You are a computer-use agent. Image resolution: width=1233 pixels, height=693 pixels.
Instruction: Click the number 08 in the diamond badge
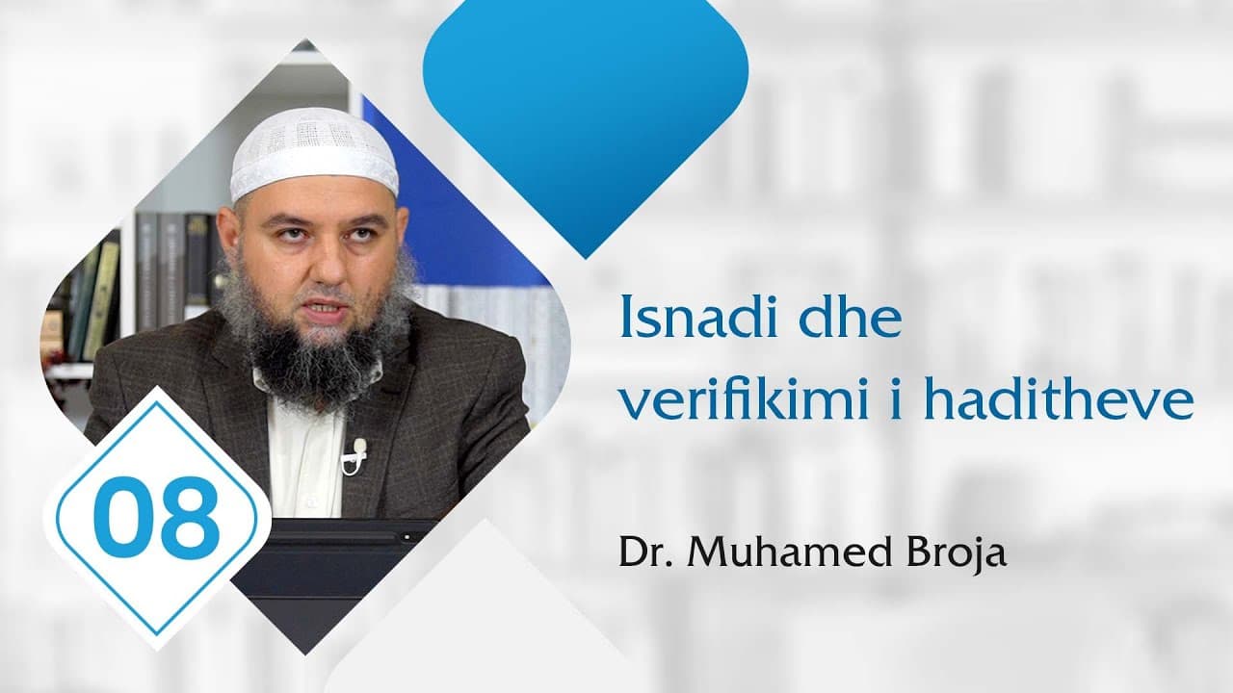(157, 517)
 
